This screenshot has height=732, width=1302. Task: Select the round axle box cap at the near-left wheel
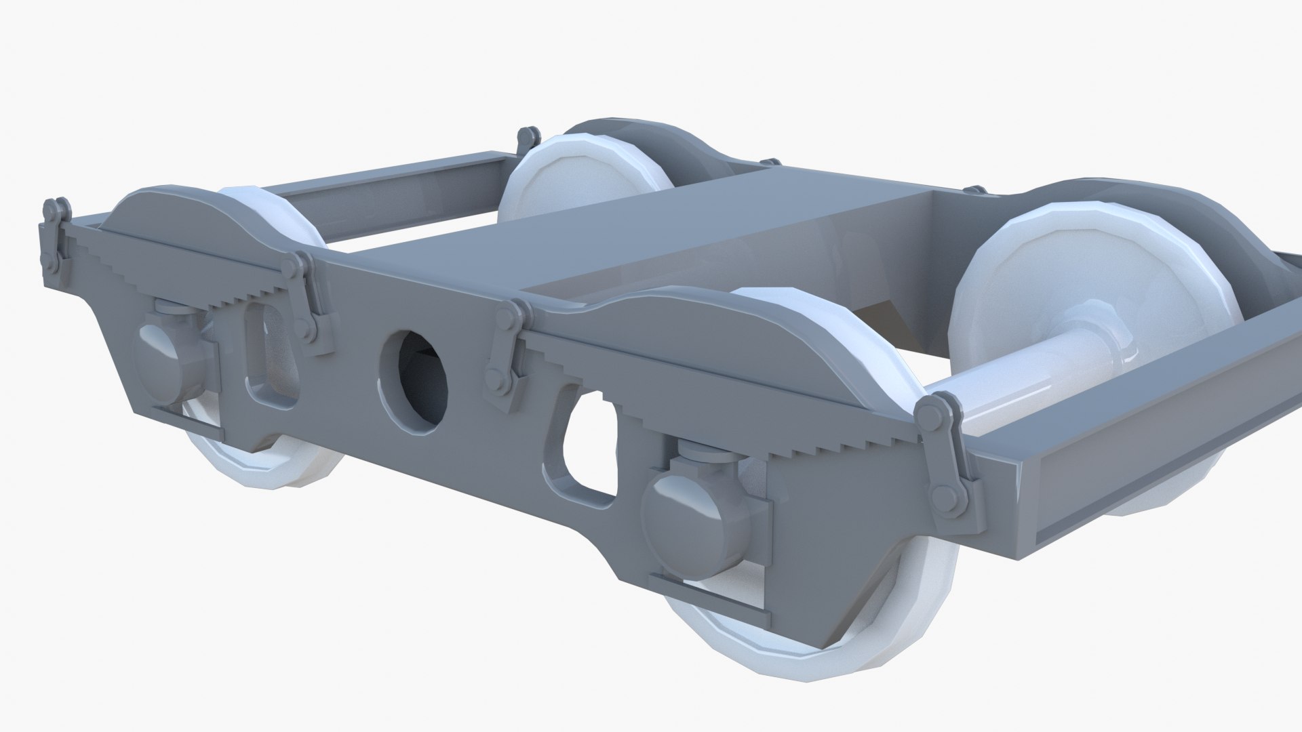(163, 363)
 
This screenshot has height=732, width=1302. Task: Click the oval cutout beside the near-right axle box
(583, 447)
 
